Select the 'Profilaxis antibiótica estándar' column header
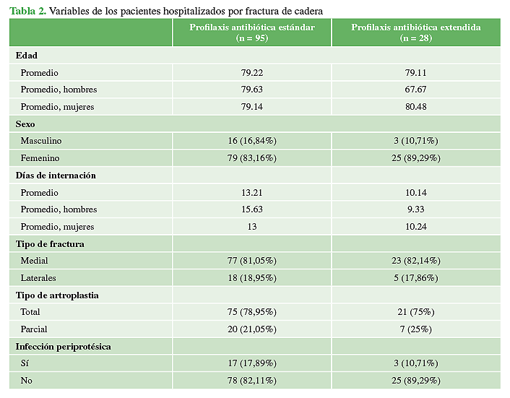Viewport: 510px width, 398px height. coord(252,33)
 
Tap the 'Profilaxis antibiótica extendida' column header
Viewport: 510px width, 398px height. coord(415,33)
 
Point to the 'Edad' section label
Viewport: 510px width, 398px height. coord(27,56)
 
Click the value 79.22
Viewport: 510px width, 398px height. coord(252,73)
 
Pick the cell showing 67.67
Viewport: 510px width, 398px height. coord(415,90)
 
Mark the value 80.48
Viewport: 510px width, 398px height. coord(415,107)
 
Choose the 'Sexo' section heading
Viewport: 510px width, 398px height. coord(26,124)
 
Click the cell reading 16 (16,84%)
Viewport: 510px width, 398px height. coord(252,141)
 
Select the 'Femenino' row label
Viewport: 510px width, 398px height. coord(40,158)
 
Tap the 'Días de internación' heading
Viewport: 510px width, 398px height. coord(56,176)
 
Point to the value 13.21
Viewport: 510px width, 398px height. coord(252,193)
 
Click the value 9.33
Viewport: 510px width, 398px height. coord(415,209)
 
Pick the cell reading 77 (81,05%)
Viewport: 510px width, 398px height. coord(252,261)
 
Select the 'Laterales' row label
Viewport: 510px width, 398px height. coord(39,278)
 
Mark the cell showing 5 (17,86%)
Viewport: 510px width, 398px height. coord(415,278)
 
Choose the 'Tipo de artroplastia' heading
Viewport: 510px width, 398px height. coord(58,295)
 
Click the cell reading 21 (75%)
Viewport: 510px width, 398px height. coord(415,312)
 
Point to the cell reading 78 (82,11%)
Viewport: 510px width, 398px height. coord(252,381)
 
